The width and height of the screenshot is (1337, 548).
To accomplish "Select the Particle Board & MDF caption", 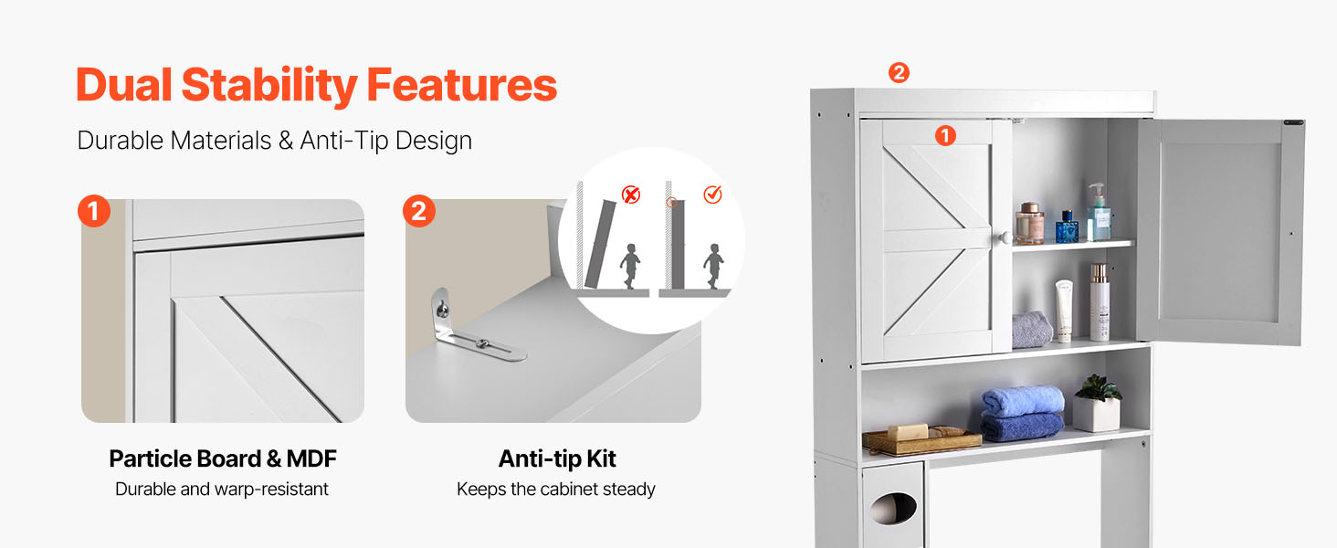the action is tap(223, 458).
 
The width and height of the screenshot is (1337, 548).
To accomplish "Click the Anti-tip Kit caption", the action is tap(557, 458).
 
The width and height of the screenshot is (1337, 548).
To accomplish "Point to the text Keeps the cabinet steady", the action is tap(555, 489).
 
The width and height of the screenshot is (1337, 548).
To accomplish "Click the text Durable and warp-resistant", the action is tap(221, 489).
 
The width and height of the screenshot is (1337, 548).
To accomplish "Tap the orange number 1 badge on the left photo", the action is tap(94, 211).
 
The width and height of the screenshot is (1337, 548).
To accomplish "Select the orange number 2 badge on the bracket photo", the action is tap(419, 211).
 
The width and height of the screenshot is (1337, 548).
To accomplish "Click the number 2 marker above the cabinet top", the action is tap(899, 73).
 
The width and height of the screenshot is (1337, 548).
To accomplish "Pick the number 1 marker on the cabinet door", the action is tap(945, 136).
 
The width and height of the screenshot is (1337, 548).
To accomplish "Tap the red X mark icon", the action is tap(631, 195).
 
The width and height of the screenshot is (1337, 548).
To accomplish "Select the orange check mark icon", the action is tap(712, 194).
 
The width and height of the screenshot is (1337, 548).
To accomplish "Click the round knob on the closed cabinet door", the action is tap(1005, 237).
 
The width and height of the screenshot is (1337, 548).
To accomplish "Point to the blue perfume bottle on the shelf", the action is tap(1067, 227).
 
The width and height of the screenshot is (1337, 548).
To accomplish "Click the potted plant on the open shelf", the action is tap(1097, 403).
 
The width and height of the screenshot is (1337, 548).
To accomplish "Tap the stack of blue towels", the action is tap(1022, 413).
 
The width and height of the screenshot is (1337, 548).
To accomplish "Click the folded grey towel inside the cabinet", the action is tap(1032, 330).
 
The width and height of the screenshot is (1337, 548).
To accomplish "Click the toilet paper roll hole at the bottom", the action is tap(893, 510).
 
